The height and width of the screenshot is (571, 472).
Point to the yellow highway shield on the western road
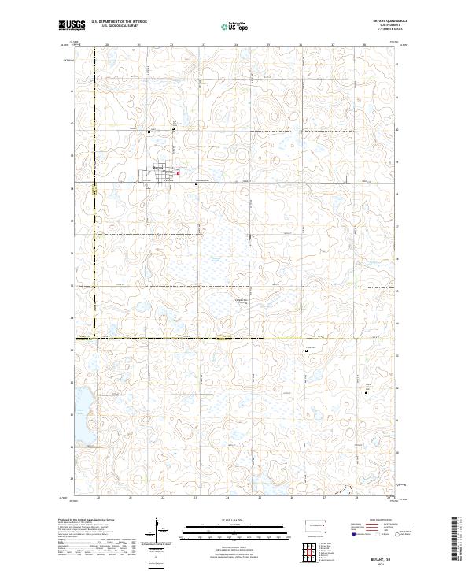(93, 189)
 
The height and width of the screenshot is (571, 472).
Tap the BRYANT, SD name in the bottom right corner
(379, 555)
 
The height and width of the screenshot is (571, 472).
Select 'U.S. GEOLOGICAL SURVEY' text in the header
(113, 26)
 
